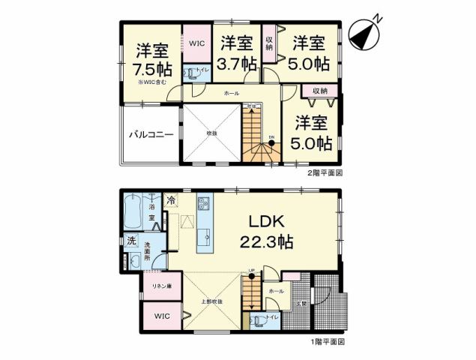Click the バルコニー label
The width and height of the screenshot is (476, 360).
(151, 135)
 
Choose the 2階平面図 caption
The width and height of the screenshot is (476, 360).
(324, 172)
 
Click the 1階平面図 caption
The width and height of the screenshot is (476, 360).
(324, 341)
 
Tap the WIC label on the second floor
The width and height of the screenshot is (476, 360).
(196, 43)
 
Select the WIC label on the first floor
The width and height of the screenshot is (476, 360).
(163, 316)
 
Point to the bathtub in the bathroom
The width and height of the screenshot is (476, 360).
(133, 212)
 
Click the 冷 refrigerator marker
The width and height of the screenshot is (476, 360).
(172, 200)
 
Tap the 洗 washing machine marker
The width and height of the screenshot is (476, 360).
(130, 241)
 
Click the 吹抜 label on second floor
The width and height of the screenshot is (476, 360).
(212, 133)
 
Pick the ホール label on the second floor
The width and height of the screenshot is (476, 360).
(232, 94)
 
